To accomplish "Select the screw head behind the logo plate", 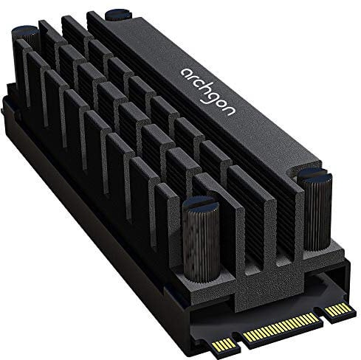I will click(117, 13).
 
